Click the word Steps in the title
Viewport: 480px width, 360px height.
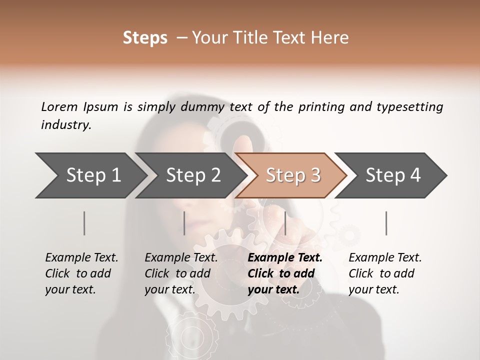coord(145,38)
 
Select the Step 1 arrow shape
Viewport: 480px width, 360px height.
coord(90,175)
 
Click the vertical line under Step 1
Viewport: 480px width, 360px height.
coord(84,223)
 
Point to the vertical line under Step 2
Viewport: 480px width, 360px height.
coord(184,223)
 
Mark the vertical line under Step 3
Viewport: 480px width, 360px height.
coord(285,223)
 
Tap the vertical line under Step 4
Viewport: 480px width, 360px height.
coord(386,223)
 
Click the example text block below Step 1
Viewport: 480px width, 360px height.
coord(81,273)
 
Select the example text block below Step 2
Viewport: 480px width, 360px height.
coord(181,273)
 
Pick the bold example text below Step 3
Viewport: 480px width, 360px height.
coord(285,273)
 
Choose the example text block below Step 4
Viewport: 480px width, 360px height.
coord(385,273)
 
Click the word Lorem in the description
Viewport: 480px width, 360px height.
coord(59,107)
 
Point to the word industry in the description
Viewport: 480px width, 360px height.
coord(65,125)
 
